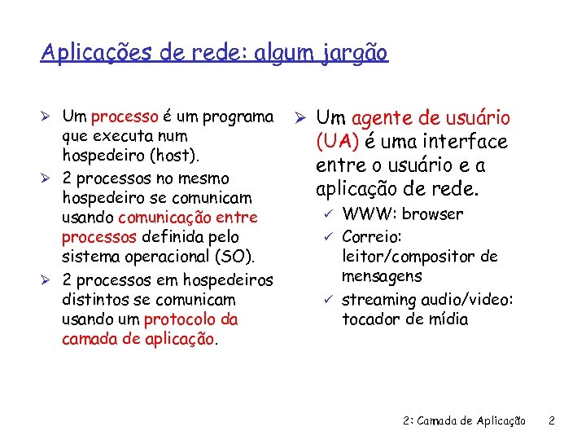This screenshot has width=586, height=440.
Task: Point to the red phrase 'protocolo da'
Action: [191, 319]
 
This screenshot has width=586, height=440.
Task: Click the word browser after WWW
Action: [432, 214]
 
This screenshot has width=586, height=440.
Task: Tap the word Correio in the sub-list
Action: [370, 236]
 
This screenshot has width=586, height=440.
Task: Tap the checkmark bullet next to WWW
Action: [327, 214]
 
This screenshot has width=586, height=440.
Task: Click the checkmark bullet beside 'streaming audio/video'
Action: [327, 299]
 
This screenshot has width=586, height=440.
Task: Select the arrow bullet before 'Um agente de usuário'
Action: [300, 119]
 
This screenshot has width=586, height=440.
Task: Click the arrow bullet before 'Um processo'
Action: [48, 117]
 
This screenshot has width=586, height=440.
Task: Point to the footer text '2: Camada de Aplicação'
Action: [465, 421]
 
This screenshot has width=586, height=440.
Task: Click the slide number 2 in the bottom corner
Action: [551, 421]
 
